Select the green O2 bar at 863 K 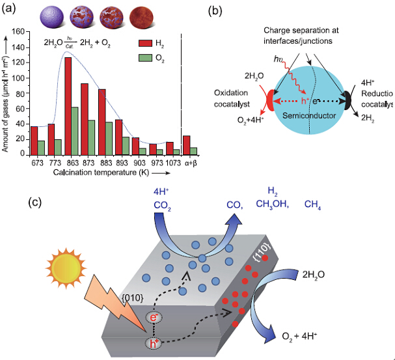[x=75, y=131]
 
